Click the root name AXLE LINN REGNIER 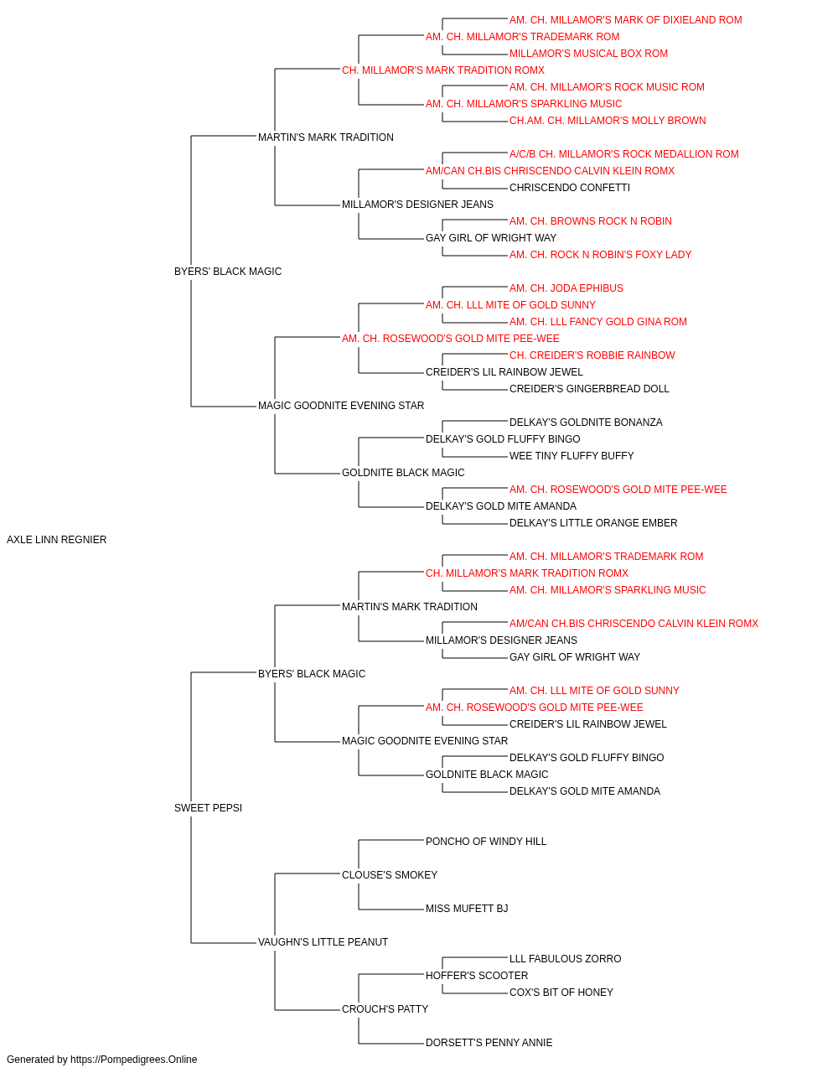(x=56, y=540)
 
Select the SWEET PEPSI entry (x=208, y=808)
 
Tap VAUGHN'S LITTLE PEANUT (x=323, y=942)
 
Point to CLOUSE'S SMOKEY (x=390, y=875)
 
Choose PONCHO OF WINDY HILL (x=486, y=842)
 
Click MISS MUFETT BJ (x=467, y=909)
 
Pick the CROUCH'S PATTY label (x=385, y=1009)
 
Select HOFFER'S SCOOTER (x=477, y=976)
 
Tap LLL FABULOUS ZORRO (x=565, y=959)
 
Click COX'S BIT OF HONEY (x=561, y=993)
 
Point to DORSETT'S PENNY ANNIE (x=489, y=1043)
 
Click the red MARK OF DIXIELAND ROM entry (x=625, y=20)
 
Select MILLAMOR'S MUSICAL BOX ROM (x=588, y=54)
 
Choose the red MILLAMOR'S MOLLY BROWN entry (x=608, y=121)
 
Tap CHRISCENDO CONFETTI (x=570, y=188)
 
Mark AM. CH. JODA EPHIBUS (x=566, y=288)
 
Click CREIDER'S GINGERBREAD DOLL (x=589, y=389)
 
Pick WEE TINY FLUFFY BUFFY (x=572, y=456)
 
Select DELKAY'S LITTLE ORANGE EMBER (x=593, y=523)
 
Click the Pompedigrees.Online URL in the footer (x=133, y=1060)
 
